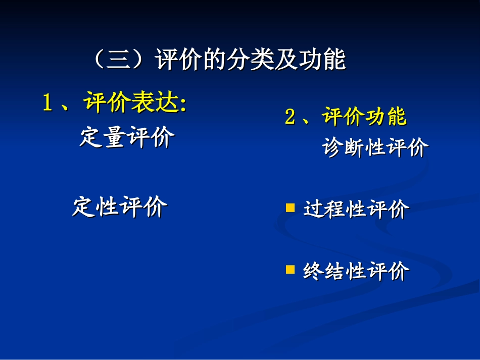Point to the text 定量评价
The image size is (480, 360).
point(127,137)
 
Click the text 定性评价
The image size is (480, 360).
point(120,207)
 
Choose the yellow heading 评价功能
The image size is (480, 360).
point(364,117)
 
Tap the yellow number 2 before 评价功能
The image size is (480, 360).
point(290,117)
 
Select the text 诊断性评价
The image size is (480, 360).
point(375,148)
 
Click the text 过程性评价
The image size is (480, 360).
point(356,210)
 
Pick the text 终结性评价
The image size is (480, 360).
point(356,272)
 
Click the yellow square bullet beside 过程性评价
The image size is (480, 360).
point(290,208)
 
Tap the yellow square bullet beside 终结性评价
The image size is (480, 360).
point(290,270)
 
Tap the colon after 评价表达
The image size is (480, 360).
point(183,105)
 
